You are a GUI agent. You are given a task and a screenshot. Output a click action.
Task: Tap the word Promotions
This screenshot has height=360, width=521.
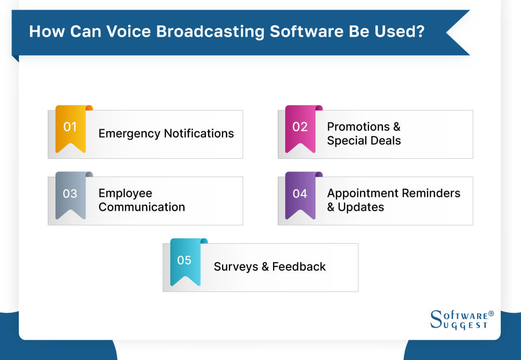pyautogui.click(x=358, y=127)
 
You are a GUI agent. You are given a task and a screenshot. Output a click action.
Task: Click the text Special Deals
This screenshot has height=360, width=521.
pyautogui.click(x=364, y=141)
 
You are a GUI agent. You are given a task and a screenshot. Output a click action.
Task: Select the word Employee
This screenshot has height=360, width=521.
pyautogui.click(x=125, y=194)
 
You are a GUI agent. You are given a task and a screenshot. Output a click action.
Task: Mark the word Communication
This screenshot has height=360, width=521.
pyautogui.click(x=142, y=207)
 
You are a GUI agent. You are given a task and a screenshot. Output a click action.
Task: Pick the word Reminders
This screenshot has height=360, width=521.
pyautogui.click(x=433, y=194)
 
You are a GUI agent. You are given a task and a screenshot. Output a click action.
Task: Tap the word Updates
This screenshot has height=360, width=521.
pyautogui.click(x=361, y=208)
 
